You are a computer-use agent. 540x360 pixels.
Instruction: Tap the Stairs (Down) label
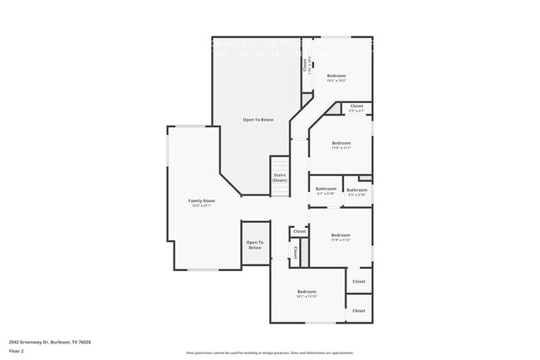point(279,178)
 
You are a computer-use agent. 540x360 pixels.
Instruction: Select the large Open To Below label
point(258,120)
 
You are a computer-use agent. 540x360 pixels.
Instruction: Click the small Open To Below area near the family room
point(254,245)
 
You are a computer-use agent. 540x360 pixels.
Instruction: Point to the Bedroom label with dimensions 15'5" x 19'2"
point(336,76)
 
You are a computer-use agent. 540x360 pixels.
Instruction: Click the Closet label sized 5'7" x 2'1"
point(356,106)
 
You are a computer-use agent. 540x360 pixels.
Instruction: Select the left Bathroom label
point(326,189)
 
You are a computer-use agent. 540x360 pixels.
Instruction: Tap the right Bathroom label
point(357,190)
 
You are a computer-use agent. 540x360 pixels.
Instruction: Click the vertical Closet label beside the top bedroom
point(305,63)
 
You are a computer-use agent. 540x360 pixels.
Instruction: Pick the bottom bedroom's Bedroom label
point(307,292)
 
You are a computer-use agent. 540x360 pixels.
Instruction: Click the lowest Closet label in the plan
point(359,310)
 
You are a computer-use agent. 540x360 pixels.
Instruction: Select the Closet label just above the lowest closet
point(359,281)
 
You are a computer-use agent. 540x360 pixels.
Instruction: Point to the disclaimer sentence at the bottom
point(269,353)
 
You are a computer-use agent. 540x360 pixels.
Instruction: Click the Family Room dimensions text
point(202,205)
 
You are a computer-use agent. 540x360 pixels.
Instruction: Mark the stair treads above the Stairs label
point(279,164)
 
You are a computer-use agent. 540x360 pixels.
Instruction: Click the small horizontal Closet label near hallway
point(299,231)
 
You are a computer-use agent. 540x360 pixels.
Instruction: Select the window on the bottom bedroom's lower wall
point(321,323)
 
